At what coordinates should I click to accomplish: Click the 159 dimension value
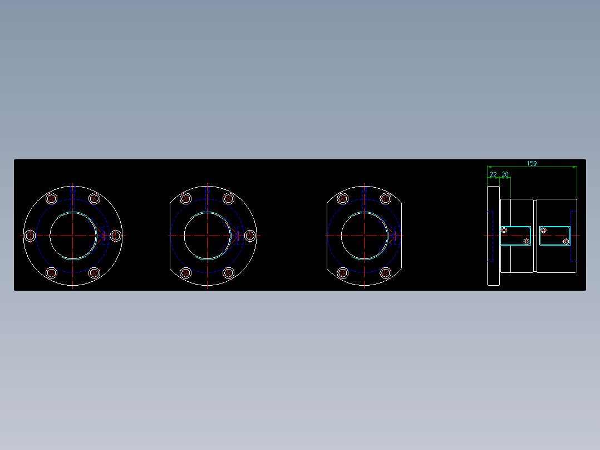coord(532,163)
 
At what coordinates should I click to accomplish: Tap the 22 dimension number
coord(493,174)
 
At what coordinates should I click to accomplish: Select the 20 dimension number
coord(505,174)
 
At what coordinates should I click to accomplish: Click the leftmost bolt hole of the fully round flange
coord(31,236)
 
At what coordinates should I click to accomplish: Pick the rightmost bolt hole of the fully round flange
coord(115,236)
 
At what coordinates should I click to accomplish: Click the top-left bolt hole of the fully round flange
coord(52,199)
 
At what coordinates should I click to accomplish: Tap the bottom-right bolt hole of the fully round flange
coord(94,272)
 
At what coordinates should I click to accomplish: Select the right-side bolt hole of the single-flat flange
coord(250,236)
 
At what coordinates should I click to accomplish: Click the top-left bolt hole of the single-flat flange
coord(186,199)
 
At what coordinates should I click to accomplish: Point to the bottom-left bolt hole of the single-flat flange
coord(186,272)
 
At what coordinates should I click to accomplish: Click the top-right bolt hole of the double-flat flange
coord(385,199)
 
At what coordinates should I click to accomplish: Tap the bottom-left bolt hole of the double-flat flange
coord(343,272)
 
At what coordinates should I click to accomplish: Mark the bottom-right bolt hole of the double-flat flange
coord(385,272)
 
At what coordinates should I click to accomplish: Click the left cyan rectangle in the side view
coord(515,236)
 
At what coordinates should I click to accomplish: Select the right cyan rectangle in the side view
coord(555,236)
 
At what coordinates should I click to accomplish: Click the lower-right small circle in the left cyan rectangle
coord(527,241)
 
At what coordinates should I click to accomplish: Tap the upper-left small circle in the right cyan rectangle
coord(544,229)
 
